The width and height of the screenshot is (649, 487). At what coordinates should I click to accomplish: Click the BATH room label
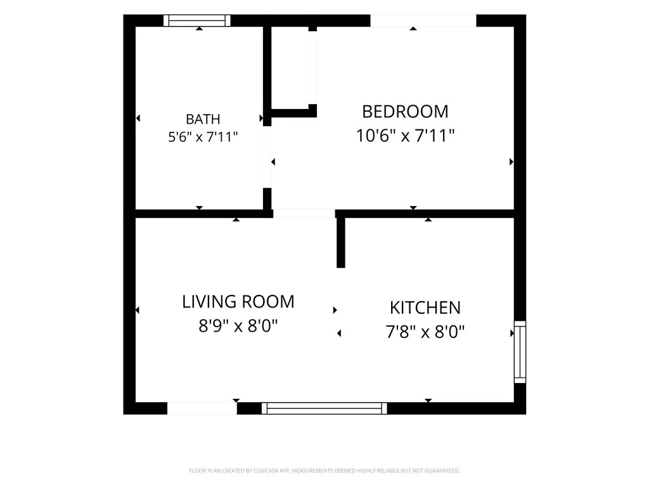203,119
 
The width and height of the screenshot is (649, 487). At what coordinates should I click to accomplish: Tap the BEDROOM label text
405,112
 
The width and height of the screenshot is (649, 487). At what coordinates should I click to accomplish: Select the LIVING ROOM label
238,301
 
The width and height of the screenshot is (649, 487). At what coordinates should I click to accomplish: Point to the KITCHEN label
425,308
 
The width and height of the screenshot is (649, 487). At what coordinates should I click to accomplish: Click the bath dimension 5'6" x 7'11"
203,137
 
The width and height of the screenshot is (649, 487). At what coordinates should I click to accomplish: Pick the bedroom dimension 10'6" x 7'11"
405,136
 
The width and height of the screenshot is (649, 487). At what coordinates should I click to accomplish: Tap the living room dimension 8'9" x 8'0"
238,326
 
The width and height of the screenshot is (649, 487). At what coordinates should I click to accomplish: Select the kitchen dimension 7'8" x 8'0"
425,332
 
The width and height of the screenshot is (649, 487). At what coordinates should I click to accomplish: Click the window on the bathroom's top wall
197,20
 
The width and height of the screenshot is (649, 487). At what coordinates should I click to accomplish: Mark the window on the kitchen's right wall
520,351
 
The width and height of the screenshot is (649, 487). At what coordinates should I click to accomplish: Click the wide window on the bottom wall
324,408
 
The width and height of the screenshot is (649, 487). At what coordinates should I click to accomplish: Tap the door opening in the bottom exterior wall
202,408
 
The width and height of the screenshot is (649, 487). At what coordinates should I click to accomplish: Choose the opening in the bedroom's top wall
423,21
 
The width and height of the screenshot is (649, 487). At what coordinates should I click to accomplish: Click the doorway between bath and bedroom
267,157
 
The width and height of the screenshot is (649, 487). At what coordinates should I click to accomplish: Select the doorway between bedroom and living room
304,214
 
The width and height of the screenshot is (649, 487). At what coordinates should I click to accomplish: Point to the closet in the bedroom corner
289,68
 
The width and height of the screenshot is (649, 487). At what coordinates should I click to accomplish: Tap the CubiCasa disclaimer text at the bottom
324,471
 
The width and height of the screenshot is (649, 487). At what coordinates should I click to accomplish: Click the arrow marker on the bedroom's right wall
511,162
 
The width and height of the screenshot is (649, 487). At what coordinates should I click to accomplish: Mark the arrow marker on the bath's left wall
138,119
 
